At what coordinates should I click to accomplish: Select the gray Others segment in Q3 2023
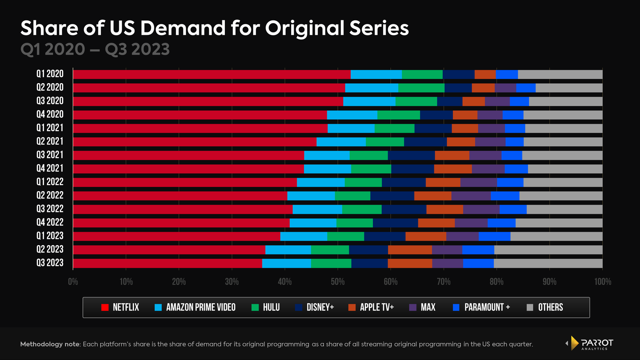click(x=548, y=263)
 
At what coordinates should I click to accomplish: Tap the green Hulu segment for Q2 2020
click(x=421, y=88)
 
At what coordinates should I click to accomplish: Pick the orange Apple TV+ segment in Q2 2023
click(x=410, y=250)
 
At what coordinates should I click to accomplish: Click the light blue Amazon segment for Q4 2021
click(x=327, y=169)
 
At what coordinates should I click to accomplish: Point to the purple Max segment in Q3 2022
click(x=481, y=210)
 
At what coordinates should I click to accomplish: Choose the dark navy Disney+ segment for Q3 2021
click(x=411, y=155)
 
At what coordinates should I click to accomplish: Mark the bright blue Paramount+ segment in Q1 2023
click(x=494, y=236)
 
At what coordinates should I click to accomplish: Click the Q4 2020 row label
click(x=50, y=114)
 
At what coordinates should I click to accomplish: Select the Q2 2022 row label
click(x=50, y=195)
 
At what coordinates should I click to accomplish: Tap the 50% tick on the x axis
click(x=338, y=282)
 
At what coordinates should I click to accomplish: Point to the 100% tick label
click(x=602, y=282)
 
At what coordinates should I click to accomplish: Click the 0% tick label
click(x=73, y=282)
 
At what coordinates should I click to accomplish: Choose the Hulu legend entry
click(x=266, y=307)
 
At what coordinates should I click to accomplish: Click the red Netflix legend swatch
click(x=105, y=307)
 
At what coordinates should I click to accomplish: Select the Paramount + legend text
click(x=487, y=307)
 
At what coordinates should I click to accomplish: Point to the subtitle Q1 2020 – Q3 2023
click(x=95, y=50)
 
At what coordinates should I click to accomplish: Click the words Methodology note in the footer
click(x=50, y=344)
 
